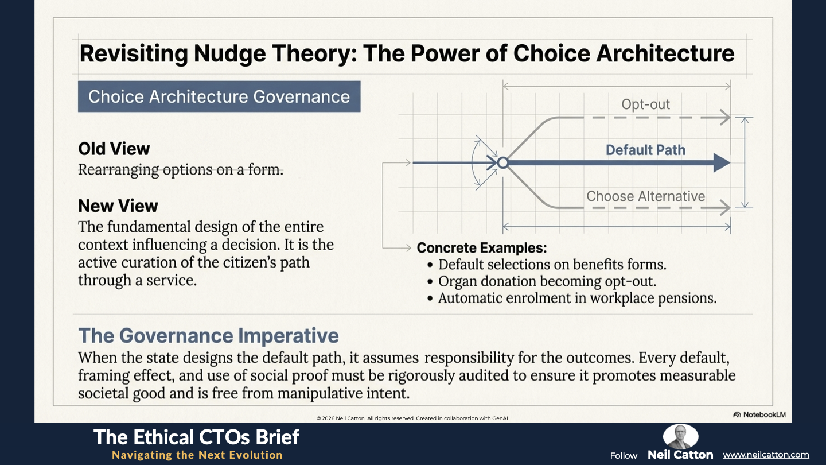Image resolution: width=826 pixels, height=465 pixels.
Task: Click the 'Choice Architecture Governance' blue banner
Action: coord(219,96)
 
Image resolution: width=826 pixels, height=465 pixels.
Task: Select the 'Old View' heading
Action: coord(114,149)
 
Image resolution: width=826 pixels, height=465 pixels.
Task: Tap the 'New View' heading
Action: coord(118,206)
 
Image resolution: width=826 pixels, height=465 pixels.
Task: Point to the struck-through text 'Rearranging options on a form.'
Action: coord(181,170)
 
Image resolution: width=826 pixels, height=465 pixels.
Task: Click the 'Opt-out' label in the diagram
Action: coord(646,104)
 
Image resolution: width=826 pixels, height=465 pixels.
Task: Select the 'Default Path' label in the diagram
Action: coord(646,150)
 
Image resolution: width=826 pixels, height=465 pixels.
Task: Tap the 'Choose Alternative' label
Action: coord(646,196)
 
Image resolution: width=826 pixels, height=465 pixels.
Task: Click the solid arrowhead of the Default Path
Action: coord(722,163)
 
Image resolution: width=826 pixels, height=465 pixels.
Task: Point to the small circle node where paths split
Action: coord(503,163)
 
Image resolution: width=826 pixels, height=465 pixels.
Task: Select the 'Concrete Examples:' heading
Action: coord(482,248)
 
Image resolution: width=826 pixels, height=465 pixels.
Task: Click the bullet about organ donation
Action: coord(541,281)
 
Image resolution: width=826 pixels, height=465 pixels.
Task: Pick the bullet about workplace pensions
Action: coord(571,298)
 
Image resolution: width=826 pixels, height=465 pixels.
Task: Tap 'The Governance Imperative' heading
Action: coord(208,336)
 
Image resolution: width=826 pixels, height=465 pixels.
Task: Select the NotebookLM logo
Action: coord(759,415)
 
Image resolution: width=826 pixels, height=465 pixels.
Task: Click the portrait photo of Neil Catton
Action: coord(680,436)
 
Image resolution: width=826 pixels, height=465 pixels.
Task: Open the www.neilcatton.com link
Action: coord(766,455)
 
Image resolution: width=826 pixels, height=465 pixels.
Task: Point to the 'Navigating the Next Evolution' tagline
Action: coord(197,455)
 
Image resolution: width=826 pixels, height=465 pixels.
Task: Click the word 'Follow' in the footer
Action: coord(624,456)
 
